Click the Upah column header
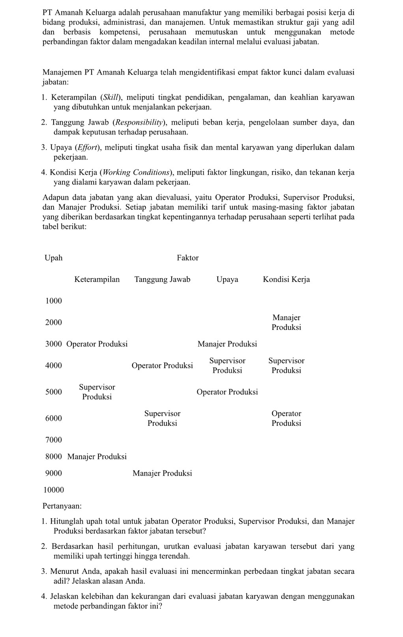pos(54,258)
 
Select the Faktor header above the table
pos(187,258)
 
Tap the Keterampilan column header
pos(97,279)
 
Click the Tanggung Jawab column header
pos(162,279)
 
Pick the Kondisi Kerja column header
pos(286,279)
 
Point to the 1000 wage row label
pos(54,301)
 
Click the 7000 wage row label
pos(54,440)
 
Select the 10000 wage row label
pos(54,490)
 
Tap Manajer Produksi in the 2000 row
pos(286,322)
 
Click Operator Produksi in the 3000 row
pos(97,344)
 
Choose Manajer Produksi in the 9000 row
pos(162,473)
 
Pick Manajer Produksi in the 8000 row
pos(97,457)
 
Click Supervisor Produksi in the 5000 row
pos(97,392)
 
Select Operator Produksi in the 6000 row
pos(286,418)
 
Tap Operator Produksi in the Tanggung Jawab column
pos(162,366)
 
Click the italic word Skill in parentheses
pos(111,97)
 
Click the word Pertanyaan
pos(62,506)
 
